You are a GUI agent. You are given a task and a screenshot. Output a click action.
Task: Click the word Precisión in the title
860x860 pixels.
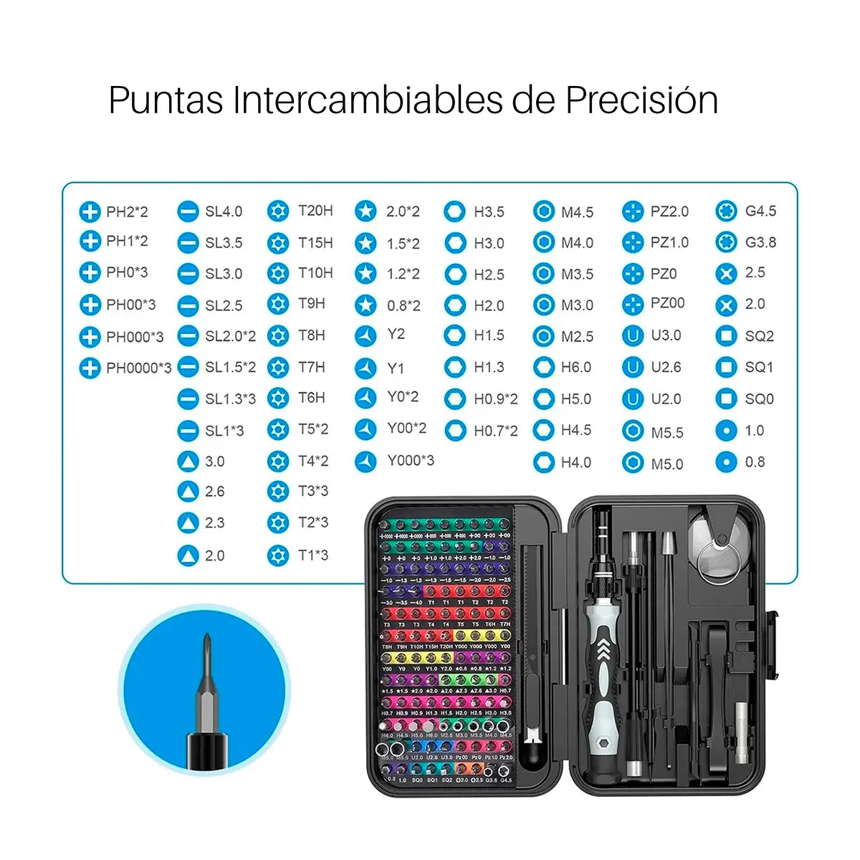click(x=641, y=100)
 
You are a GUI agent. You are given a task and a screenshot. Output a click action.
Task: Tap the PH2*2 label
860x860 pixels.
click(x=127, y=212)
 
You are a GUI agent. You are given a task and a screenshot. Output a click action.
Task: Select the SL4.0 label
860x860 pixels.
click(x=224, y=212)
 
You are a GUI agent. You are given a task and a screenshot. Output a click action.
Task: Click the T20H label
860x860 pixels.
click(x=315, y=211)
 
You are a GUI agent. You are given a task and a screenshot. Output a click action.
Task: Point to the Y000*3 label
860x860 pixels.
click(x=411, y=461)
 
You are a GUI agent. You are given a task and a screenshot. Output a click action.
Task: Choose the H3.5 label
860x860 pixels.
click(x=489, y=212)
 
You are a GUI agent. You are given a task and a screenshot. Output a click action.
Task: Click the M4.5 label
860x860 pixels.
click(x=577, y=213)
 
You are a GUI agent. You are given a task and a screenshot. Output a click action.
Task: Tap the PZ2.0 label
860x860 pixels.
click(x=669, y=212)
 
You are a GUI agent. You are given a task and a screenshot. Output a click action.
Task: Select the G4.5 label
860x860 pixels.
click(x=760, y=211)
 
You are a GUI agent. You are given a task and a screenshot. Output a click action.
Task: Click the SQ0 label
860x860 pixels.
click(x=759, y=399)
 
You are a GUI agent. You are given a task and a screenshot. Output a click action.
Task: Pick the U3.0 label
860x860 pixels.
click(x=666, y=335)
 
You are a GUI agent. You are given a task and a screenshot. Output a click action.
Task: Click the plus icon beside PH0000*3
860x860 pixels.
click(x=90, y=368)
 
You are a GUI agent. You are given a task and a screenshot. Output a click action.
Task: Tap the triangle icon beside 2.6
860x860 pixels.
click(x=188, y=492)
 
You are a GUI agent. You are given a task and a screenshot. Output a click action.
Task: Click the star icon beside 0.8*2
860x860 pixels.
click(x=365, y=305)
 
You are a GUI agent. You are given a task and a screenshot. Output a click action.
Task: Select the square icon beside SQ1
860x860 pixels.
click(x=726, y=368)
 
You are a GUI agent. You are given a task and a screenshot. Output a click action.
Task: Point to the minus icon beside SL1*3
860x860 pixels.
click(x=188, y=431)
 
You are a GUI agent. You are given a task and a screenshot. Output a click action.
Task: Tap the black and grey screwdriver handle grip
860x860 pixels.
click(x=602, y=666)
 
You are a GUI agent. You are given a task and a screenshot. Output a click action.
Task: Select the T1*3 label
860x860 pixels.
click(x=313, y=555)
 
